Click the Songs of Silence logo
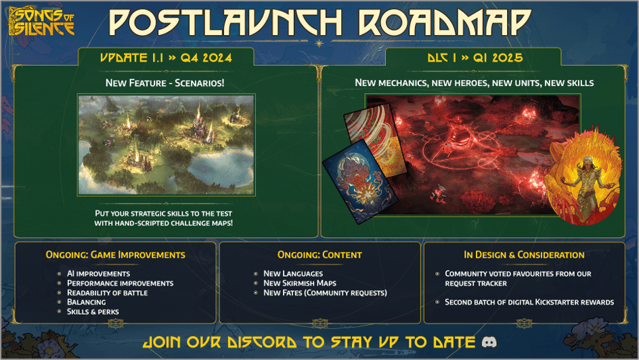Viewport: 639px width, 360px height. pyautogui.click(x=41, y=22)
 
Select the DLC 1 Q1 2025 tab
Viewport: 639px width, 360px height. pyautogui.click(x=475, y=58)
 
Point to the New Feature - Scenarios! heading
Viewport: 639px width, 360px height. pyautogui.click(x=166, y=83)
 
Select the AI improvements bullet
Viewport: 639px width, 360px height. pyautogui.click(x=98, y=273)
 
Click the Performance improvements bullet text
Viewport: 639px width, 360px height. pyautogui.click(x=120, y=283)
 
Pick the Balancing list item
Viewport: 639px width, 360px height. pyautogui.click(x=86, y=302)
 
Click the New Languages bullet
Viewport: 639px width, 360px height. pyautogui.click(x=293, y=273)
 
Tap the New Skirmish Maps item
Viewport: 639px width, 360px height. pyautogui.click(x=300, y=283)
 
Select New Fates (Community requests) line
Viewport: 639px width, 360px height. pyautogui.click(x=325, y=292)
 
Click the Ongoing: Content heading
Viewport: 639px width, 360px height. pyautogui.click(x=319, y=255)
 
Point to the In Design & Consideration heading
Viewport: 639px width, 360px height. pyautogui.click(x=524, y=255)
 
